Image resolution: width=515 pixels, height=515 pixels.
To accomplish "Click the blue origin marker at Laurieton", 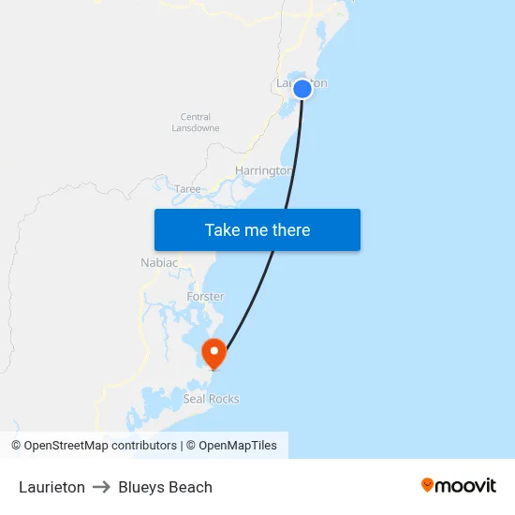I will (x=302, y=89).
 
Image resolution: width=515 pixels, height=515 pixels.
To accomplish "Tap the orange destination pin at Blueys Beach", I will (x=214, y=354).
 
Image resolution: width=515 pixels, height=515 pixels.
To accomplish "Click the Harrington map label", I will (x=263, y=170).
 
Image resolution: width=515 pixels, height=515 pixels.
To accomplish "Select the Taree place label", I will (x=187, y=189).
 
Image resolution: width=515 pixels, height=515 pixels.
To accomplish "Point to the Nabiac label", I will (x=158, y=263).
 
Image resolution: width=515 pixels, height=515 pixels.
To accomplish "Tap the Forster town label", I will (x=205, y=297).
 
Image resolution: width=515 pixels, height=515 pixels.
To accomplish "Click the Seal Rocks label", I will (x=211, y=399).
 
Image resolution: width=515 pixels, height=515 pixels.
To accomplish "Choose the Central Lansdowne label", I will (x=196, y=123).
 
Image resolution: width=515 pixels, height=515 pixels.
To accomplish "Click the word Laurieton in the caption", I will (x=51, y=487).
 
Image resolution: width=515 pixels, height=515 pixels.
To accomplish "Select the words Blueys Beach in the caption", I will (x=165, y=487).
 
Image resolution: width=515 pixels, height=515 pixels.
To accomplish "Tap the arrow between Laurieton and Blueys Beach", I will (x=101, y=487).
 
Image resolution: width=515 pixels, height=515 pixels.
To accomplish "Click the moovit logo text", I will (x=466, y=485).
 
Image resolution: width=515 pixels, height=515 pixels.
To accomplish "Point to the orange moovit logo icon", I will (x=428, y=485).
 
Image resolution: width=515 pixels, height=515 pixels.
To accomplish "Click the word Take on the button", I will (x=223, y=230).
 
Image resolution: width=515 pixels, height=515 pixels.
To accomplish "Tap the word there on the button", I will (x=290, y=230).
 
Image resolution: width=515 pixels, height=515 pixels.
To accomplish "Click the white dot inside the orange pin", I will (x=214, y=352).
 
